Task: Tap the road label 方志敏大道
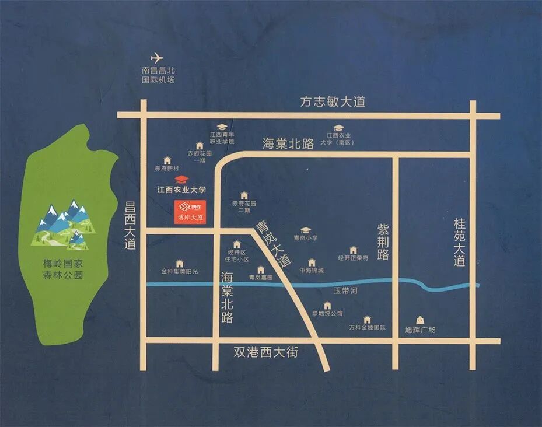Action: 333,102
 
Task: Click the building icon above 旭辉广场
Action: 419,319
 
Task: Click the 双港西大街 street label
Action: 265,352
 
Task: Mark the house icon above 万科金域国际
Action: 367,319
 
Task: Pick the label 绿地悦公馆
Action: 327,313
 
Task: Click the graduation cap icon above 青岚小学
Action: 305,230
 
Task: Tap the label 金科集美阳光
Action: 180,271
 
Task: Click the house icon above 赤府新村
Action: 167,160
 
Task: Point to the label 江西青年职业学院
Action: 222,138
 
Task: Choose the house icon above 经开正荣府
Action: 353,250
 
